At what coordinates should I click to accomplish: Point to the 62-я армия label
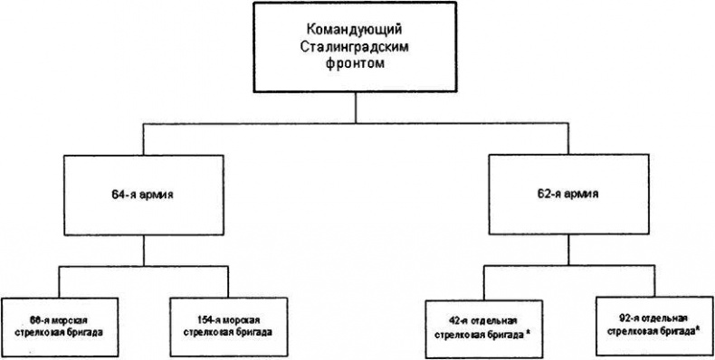568,193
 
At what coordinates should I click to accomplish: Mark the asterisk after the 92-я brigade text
698,329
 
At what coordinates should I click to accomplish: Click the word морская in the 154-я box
238,319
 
